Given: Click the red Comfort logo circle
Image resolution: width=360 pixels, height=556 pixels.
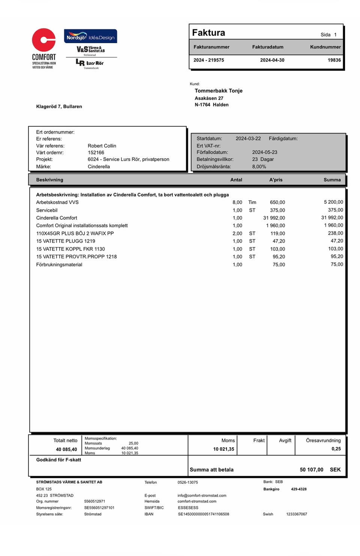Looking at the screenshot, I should point(43,40).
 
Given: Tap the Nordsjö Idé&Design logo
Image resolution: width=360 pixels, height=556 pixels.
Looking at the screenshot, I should point(90,36).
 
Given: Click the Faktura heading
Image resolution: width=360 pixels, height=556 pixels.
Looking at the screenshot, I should point(208,33).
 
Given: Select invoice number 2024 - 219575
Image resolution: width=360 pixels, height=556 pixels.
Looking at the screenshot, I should point(208,60).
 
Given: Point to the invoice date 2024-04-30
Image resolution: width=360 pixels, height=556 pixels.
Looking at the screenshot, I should point(272,60).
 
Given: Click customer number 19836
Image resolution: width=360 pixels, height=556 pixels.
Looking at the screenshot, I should point(334,60).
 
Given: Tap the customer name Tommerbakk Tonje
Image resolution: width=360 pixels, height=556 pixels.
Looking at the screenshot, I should point(219,91).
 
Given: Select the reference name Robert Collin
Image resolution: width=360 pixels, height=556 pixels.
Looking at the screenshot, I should point(102,146).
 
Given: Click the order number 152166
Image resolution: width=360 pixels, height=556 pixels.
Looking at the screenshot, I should point(96,153).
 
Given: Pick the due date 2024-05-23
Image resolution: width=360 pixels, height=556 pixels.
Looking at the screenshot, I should point(265,152).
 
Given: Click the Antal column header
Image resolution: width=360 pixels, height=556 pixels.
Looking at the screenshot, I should point(236,180).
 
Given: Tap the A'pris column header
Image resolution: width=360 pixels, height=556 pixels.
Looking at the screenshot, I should point(276,180).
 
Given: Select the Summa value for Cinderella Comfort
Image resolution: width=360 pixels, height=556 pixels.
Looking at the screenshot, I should point(332,217).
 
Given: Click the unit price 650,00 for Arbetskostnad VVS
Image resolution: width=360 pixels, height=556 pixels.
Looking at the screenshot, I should point(277,202).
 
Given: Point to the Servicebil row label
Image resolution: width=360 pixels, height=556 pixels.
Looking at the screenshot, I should point(47,210).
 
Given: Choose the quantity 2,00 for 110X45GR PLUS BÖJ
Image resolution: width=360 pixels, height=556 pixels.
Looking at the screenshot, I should point(237,233).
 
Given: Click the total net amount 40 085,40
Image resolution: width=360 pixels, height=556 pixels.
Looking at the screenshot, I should point(66,450).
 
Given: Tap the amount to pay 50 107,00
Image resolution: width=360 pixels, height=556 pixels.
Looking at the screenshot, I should point(311,470).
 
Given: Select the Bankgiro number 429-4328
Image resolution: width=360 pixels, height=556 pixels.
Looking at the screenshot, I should point(299,489).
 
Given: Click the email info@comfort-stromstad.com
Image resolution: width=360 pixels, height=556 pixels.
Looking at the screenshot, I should point(202,495).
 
